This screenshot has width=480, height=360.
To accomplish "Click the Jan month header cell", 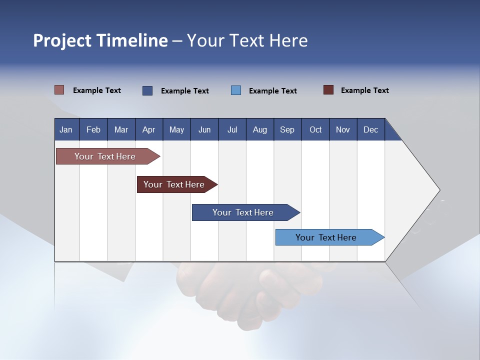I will click(x=66, y=129).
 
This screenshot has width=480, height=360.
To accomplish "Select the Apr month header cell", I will click(x=149, y=129).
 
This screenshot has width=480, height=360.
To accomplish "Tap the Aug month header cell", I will click(x=260, y=129).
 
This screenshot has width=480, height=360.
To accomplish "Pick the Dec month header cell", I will click(x=371, y=129).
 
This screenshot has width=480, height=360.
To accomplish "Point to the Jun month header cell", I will click(x=204, y=129).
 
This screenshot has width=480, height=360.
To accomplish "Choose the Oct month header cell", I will click(x=315, y=129).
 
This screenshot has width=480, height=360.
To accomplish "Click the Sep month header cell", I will click(x=287, y=129).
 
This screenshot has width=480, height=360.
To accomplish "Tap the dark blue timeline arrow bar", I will click(x=243, y=212).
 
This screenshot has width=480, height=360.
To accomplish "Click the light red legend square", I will click(x=59, y=90).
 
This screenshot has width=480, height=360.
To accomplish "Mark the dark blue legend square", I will click(x=147, y=90).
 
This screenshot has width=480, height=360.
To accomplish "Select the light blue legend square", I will click(x=236, y=90).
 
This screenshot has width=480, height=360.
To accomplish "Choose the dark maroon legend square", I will click(x=328, y=90).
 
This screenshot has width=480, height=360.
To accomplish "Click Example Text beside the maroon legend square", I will click(x=364, y=90).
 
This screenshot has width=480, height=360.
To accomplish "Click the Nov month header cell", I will click(x=343, y=129).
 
